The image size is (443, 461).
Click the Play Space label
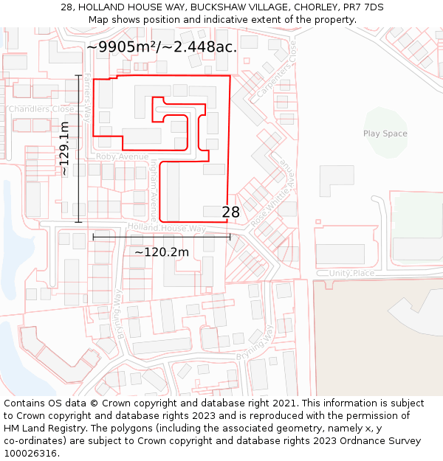[x=385, y=134]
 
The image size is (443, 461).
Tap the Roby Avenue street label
[x=122, y=157]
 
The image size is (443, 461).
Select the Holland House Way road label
[x=167, y=229]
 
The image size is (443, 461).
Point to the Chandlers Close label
[x=41, y=109]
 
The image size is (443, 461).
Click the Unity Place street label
[x=352, y=274]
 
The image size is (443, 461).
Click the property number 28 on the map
[x=231, y=212]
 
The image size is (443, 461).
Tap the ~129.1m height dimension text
[x=64, y=148]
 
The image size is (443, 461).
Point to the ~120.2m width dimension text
[x=162, y=252]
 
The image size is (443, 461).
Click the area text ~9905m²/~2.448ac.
[x=162, y=47]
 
